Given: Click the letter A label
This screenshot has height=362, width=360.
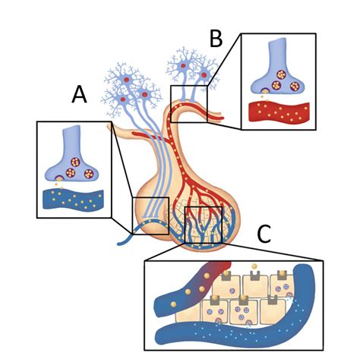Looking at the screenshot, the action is click(x=79, y=94).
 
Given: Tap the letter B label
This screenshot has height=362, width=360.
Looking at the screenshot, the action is click(x=216, y=39).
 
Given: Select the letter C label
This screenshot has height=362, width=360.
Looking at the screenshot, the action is click(x=264, y=234).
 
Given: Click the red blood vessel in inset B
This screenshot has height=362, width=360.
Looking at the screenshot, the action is click(x=279, y=112).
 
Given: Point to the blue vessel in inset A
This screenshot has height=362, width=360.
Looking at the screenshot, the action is click(x=73, y=200).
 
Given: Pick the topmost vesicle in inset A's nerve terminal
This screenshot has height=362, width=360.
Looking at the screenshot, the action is click(x=74, y=162).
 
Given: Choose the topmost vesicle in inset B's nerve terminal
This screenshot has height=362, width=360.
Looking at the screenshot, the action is click(x=281, y=74).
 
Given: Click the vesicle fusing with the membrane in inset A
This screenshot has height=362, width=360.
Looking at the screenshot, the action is click(x=59, y=178).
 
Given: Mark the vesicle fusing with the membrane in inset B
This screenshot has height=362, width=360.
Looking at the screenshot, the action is click(x=265, y=91).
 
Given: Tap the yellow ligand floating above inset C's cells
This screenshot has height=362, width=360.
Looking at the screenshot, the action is click(x=254, y=266).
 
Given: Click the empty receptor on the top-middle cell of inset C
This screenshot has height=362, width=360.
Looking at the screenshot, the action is click(x=255, y=275).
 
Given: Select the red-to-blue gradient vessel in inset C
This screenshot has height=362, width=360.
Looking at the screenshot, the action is click(x=192, y=288).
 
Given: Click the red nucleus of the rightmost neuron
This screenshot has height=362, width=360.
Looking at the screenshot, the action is click(x=204, y=75).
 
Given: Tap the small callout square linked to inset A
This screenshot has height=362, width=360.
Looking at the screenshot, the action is click(x=150, y=216).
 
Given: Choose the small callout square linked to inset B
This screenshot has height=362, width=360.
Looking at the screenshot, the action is click(x=189, y=104).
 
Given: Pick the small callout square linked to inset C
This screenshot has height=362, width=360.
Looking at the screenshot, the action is click(x=204, y=225).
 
